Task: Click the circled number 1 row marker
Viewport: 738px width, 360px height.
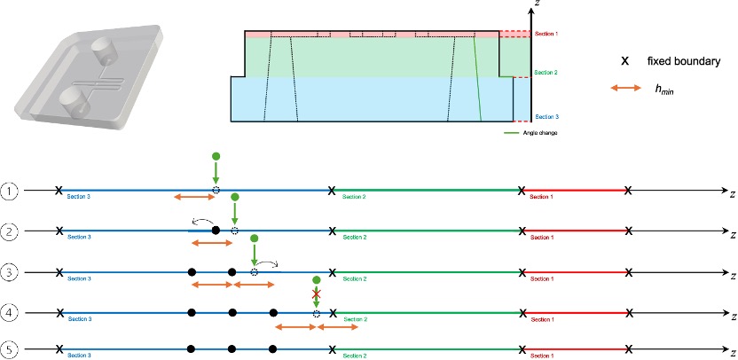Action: (x=9, y=191)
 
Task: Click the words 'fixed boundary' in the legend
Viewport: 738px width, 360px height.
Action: (x=683, y=61)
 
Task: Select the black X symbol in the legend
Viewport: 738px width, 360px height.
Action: (x=625, y=61)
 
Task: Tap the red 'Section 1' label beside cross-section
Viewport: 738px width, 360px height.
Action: (x=546, y=35)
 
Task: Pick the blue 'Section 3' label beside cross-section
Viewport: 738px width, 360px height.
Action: (x=546, y=115)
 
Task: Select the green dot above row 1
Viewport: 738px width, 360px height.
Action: (x=216, y=156)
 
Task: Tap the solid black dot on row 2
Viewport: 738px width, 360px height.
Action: (x=216, y=231)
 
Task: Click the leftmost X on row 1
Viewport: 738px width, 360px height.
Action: (x=59, y=191)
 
